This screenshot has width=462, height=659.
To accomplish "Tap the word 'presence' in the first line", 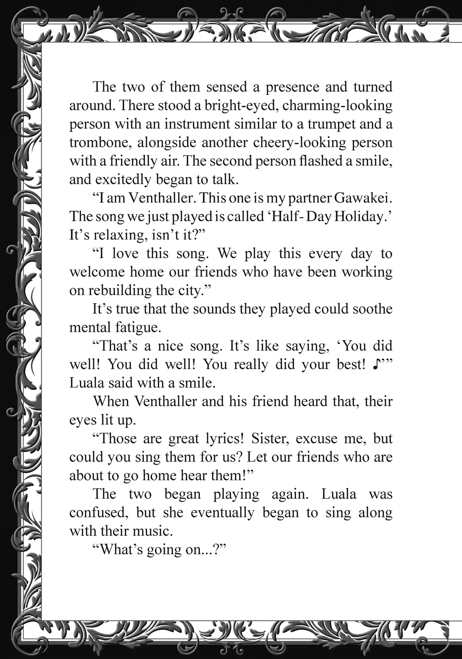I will [x=292, y=87].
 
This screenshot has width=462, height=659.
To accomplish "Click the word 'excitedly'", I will [x=123, y=180].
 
